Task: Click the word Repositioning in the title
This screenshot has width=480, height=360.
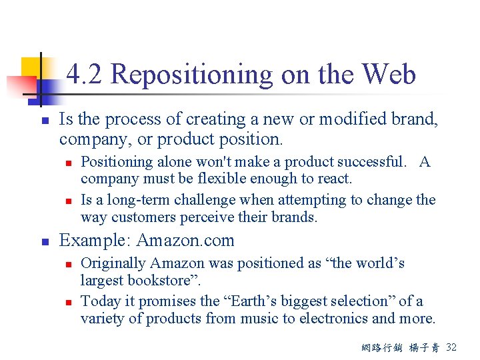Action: click(x=191, y=75)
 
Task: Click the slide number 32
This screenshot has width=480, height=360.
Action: click(x=451, y=348)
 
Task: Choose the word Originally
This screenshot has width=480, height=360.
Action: click(x=111, y=263)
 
